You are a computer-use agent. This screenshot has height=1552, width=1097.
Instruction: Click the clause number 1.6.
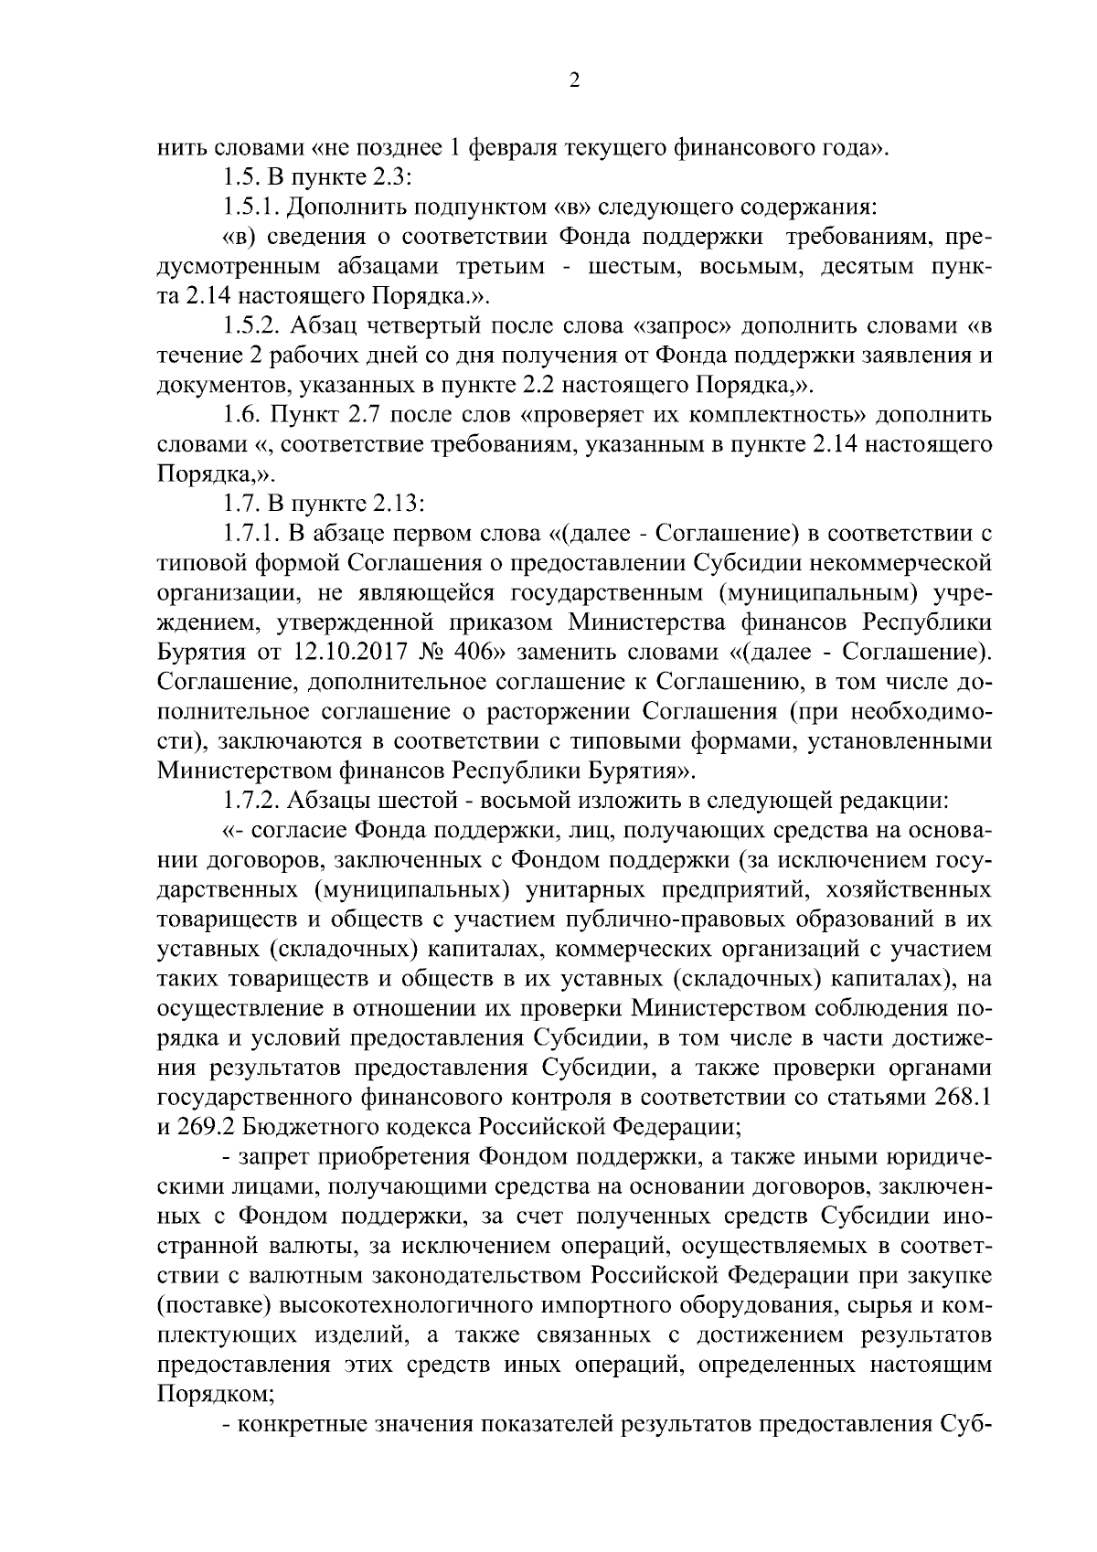point(241,415)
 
